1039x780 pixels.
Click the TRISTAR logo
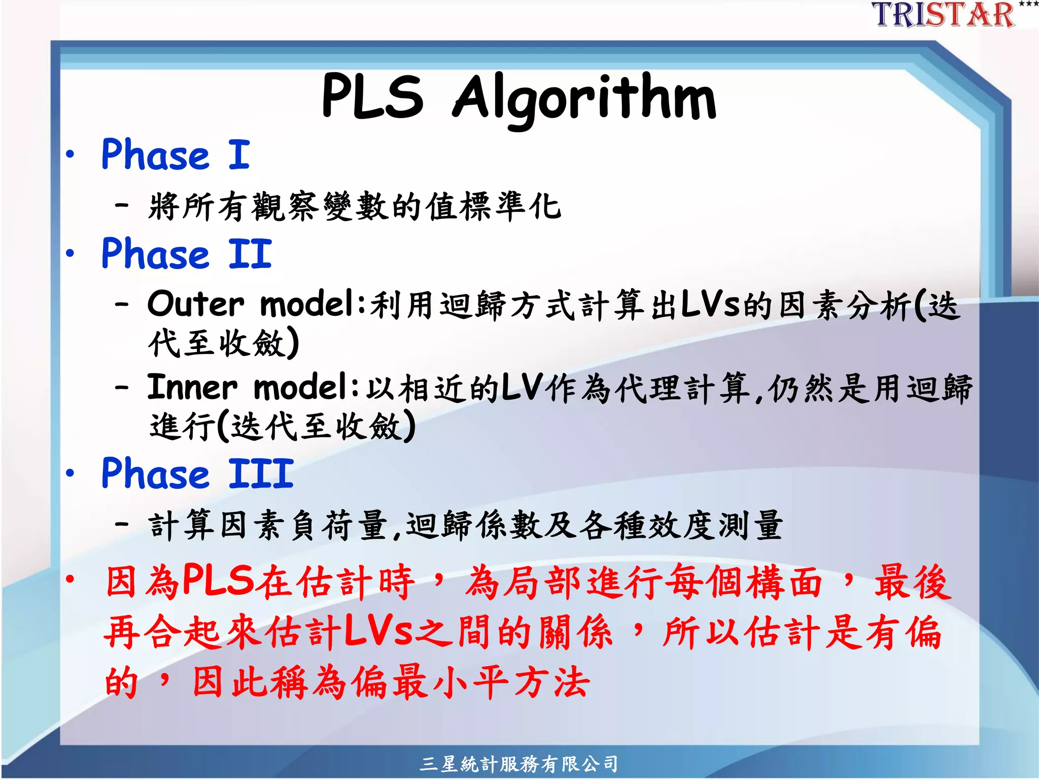click(943, 14)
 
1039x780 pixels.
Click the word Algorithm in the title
click(584, 97)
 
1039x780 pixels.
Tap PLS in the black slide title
click(372, 96)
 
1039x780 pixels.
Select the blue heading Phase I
click(176, 154)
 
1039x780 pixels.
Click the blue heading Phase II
click(187, 253)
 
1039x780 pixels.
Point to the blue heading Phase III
click(197, 473)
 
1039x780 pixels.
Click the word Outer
click(196, 304)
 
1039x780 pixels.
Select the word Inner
click(192, 387)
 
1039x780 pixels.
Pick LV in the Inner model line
click(523, 388)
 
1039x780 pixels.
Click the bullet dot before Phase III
click(71, 473)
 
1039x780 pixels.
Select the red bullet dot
click(71, 579)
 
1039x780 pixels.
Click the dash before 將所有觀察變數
click(122, 206)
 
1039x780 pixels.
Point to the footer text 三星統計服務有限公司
click(519, 763)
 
